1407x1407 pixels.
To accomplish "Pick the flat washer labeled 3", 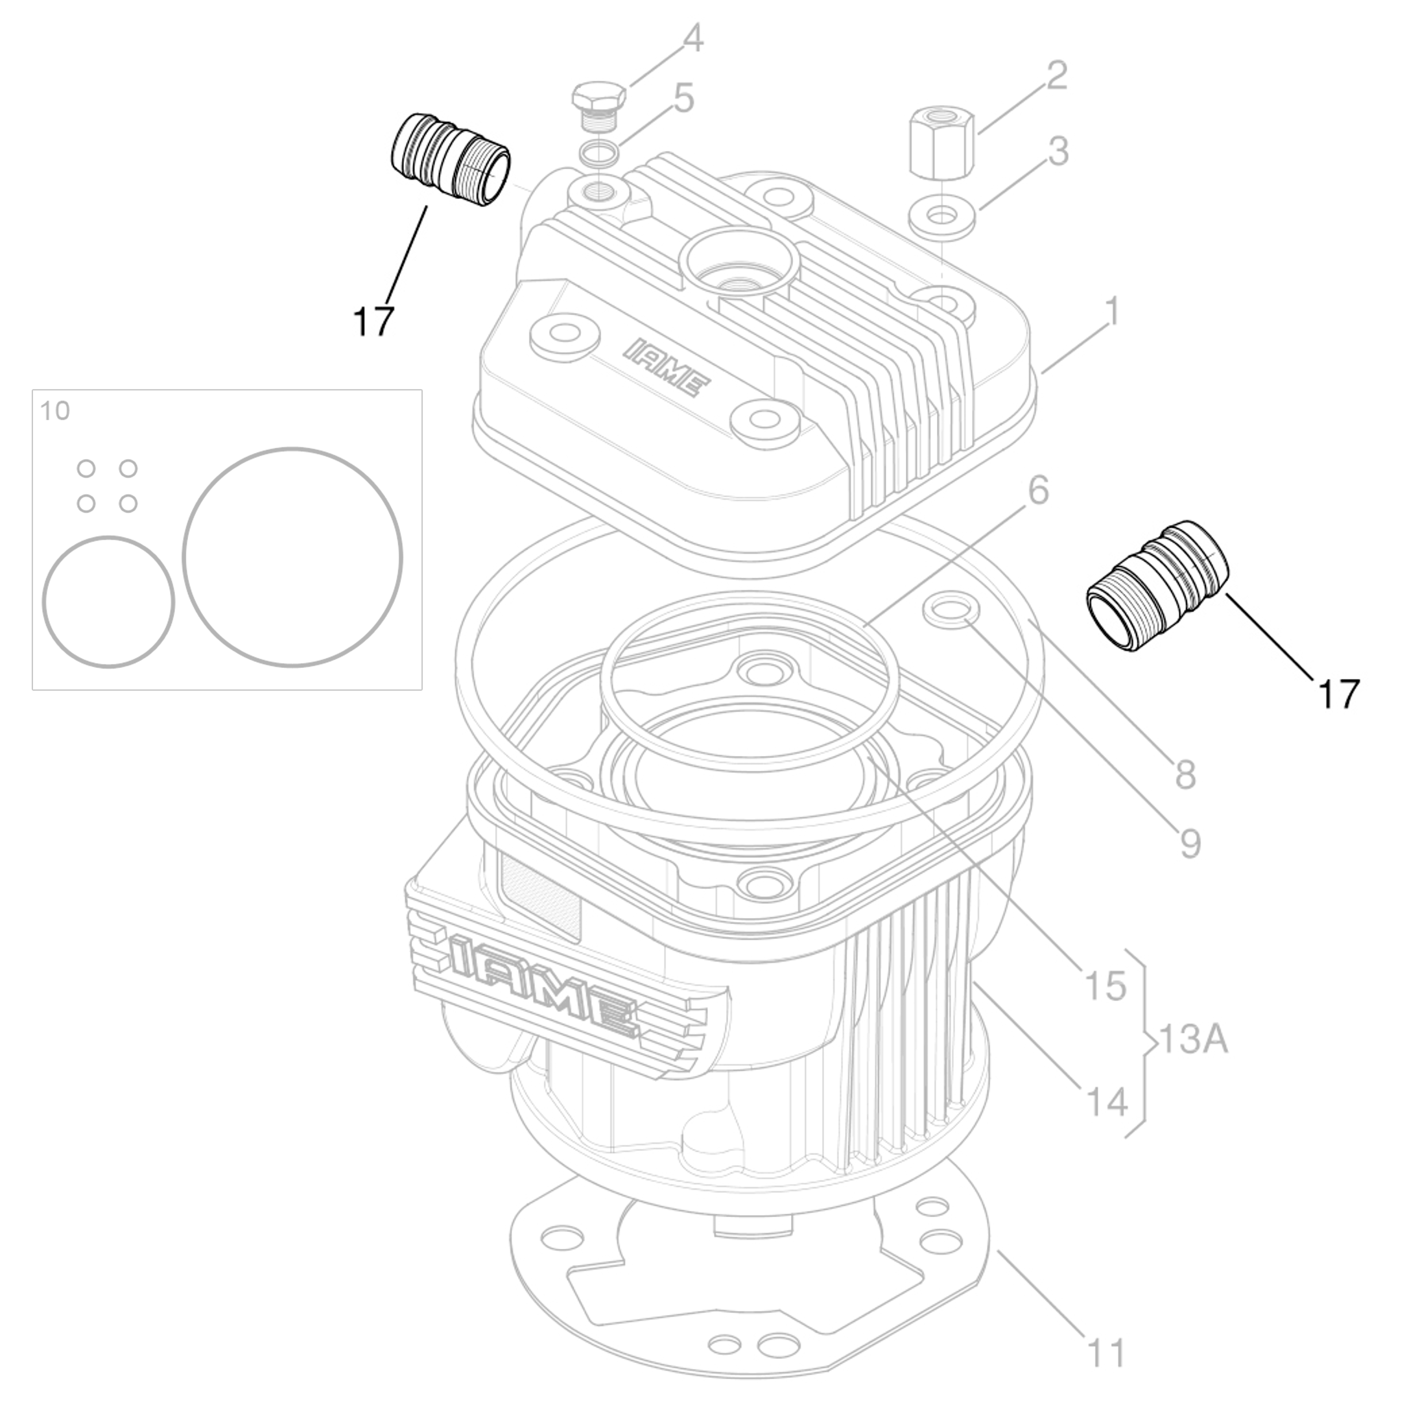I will click(x=941, y=217).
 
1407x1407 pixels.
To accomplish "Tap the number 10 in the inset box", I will click(x=54, y=412).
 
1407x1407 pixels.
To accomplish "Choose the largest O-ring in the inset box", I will click(x=292, y=557).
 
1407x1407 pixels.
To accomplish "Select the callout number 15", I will click(x=1105, y=986).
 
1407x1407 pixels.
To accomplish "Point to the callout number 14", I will click(x=1105, y=1102).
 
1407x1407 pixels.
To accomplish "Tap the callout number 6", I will click(x=1038, y=491).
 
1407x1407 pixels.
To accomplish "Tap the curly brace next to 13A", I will click(x=1146, y=1042).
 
